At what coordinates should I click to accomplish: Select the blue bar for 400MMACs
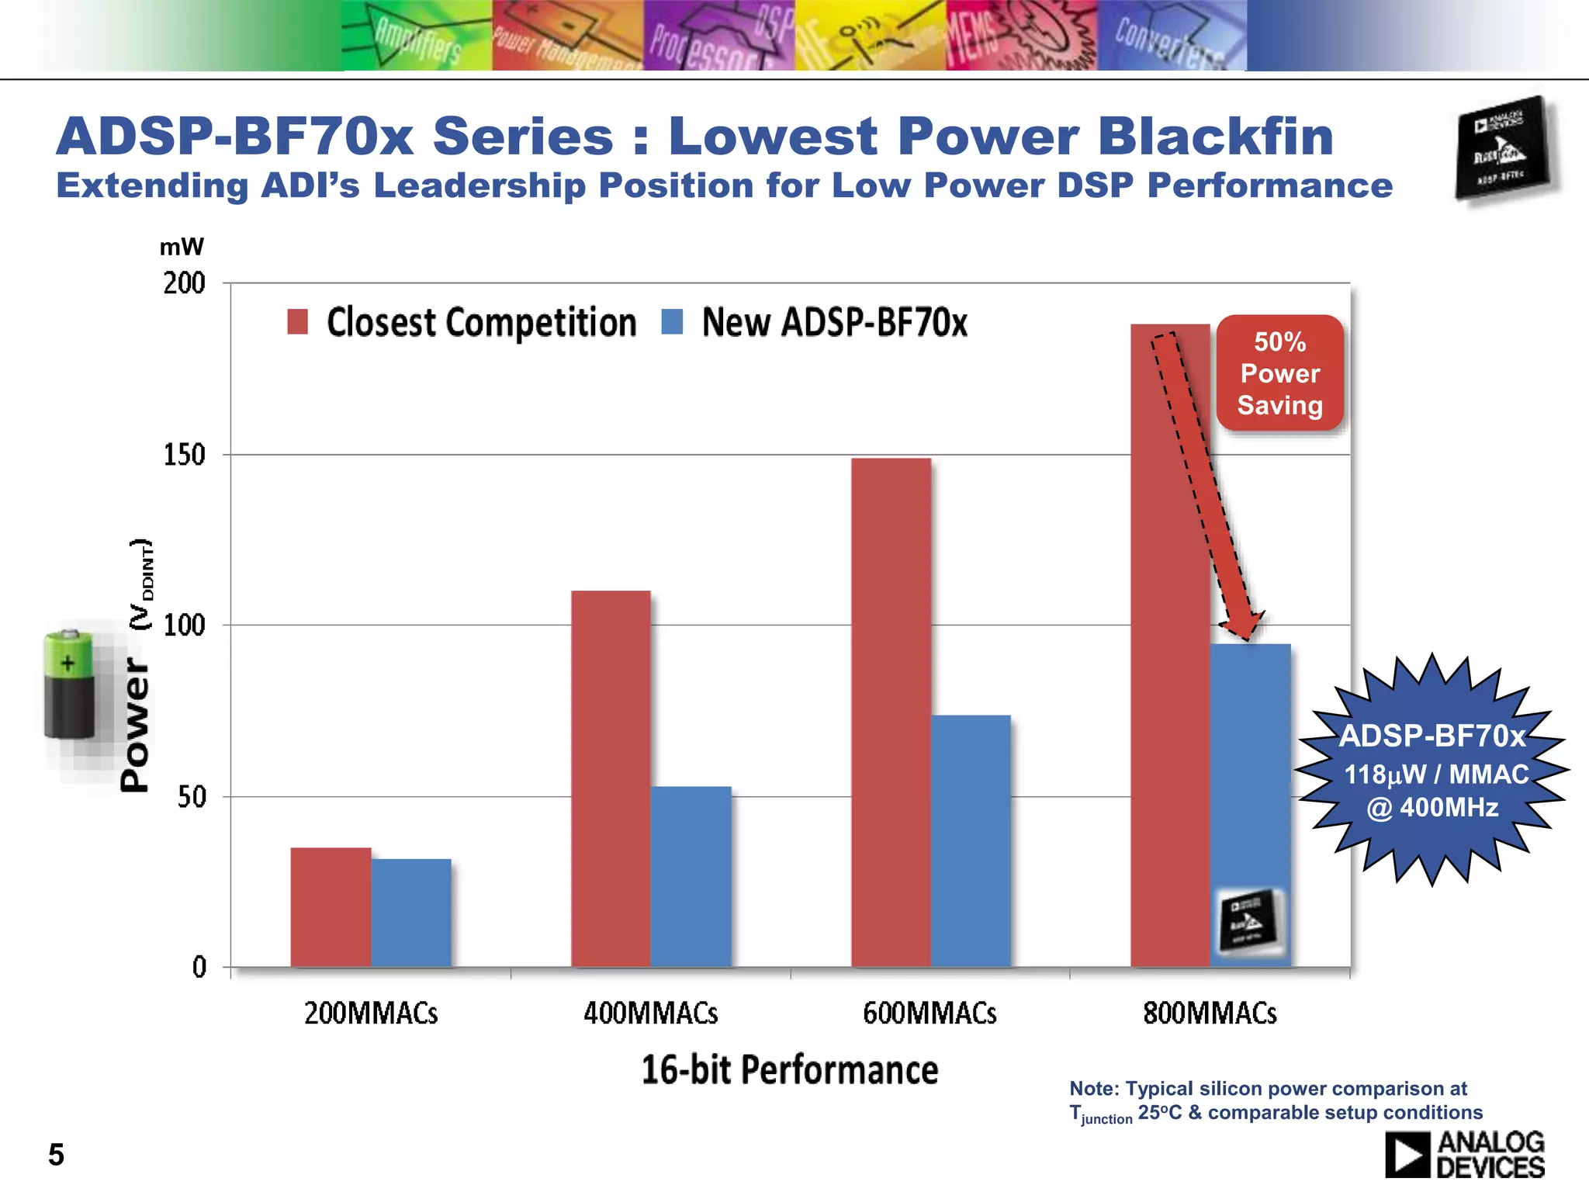pos(691,877)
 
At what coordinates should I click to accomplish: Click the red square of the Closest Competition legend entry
pos(297,321)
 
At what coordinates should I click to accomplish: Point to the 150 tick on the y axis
pos(184,455)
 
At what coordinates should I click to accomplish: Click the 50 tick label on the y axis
pos(191,797)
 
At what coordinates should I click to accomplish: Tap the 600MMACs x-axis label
pos(930,1014)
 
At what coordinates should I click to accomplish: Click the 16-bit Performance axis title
pos(789,1070)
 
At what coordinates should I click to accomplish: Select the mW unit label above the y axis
pos(181,248)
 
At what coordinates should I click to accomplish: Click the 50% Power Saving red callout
pos(1279,373)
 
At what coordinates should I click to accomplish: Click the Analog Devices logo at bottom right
pos(1464,1155)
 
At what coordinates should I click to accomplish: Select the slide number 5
pos(56,1155)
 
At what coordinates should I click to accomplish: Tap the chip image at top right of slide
pos(1503,147)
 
